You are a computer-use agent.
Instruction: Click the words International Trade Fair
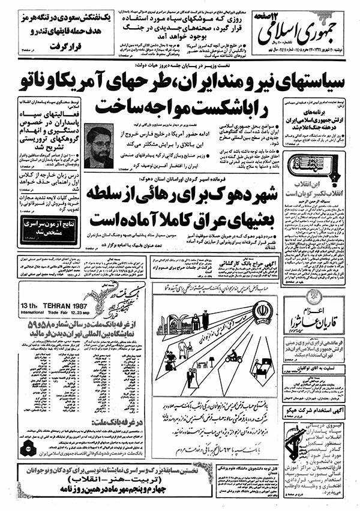[65, 312]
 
